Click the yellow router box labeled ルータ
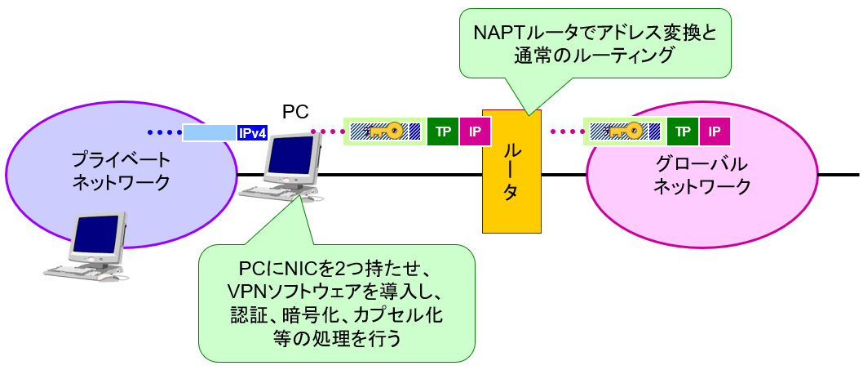(x=511, y=171)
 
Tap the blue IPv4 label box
(x=251, y=132)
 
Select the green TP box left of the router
(x=442, y=131)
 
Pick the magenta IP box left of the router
(x=475, y=131)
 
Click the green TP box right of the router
(x=682, y=131)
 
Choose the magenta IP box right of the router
(x=715, y=131)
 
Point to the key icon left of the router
(x=383, y=131)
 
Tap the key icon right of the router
(x=623, y=131)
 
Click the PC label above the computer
(x=295, y=112)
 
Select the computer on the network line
(x=290, y=167)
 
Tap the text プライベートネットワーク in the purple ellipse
(x=121, y=171)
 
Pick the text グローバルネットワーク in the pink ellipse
(x=702, y=174)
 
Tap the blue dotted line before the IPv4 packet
(x=163, y=132)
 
